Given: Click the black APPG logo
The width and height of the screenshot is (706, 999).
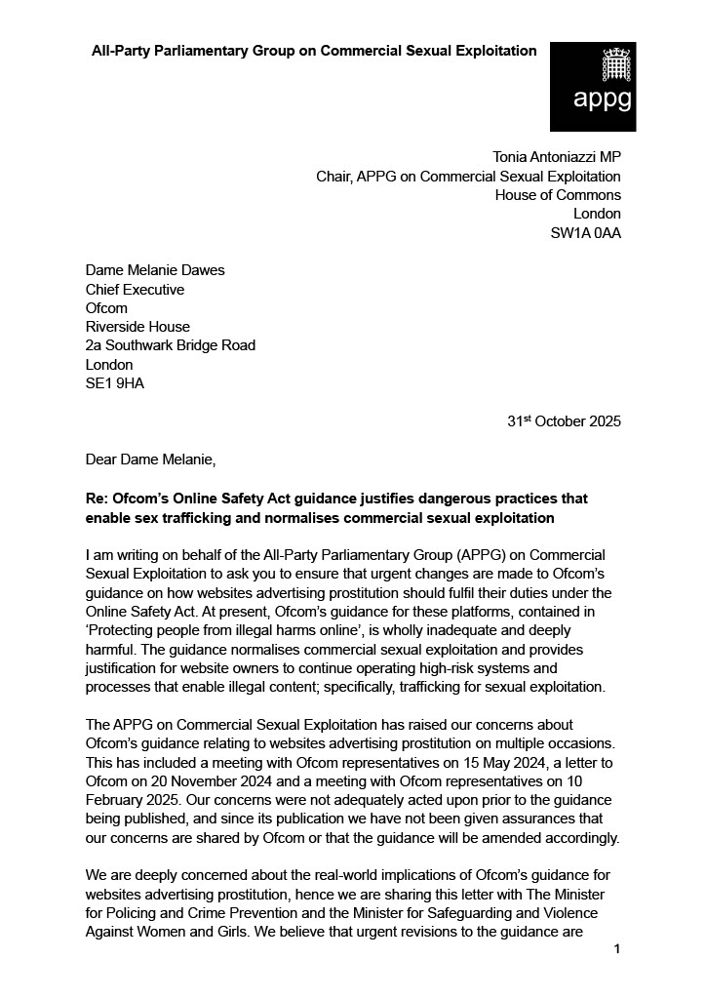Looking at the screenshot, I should (x=593, y=86).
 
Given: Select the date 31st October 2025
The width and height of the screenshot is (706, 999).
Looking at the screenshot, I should (x=564, y=421).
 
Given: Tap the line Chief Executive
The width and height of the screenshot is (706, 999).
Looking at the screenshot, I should (x=135, y=290).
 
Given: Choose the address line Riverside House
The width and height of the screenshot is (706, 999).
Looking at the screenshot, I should (x=137, y=327).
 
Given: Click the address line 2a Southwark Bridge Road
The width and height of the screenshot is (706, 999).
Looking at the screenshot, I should (x=171, y=345).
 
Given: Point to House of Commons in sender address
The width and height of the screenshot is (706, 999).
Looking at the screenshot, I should (x=558, y=195).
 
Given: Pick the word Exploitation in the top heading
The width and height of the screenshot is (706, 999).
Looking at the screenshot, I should (x=494, y=51).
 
